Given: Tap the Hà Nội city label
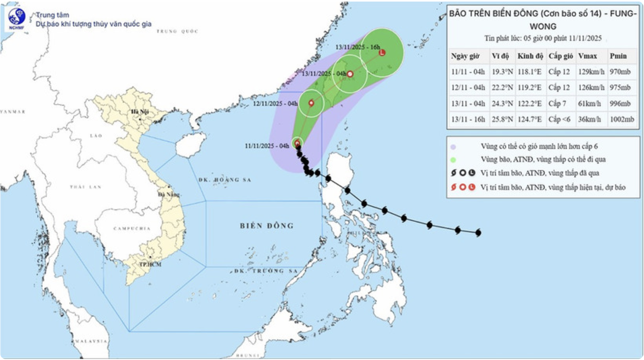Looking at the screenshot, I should (140, 111).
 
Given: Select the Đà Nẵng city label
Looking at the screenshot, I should (169, 194).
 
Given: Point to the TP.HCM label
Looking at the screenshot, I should (150, 264).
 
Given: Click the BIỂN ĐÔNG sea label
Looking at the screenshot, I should (267, 226).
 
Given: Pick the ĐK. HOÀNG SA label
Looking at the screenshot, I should (225, 180).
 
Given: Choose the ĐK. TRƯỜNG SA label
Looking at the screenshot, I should (266, 271).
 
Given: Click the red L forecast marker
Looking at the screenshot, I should (382, 52).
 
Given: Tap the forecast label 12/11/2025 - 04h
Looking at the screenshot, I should (275, 104).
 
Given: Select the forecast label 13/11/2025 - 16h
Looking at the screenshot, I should (357, 47).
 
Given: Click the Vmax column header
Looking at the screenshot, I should (587, 56).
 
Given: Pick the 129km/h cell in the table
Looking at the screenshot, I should (591, 72).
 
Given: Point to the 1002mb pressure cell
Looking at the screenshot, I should (622, 119).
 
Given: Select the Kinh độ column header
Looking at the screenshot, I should (530, 56).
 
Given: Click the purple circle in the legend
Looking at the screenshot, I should (453, 147).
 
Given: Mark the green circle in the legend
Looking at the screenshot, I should (453, 160).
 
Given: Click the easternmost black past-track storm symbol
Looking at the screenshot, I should (478, 233).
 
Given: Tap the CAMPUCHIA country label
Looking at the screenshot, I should (132, 228).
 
